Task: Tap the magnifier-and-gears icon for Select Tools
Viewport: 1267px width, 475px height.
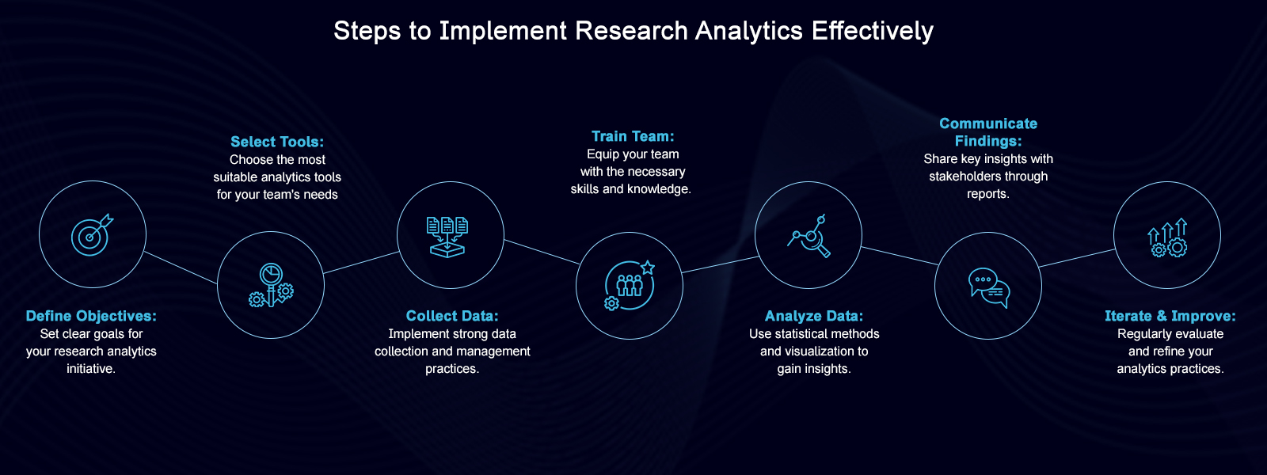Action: pyautogui.click(x=271, y=285)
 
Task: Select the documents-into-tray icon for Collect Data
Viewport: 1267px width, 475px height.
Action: pyautogui.click(x=447, y=236)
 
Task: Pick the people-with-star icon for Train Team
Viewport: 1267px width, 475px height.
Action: pyautogui.click(x=630, y=285)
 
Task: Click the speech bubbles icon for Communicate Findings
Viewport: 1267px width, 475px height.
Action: pyautogui.click(x=988, y=286)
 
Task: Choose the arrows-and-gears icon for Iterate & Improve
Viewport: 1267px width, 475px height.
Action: pyautogui.click(x=1167, y=236)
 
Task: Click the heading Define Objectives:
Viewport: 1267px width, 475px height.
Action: pyautogui.click(x=91, y=316)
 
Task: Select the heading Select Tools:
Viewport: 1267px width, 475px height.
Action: pyautogui.click(x=277, y=142)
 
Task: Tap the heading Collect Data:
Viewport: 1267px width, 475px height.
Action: pyautogui.click(x=452, y=316)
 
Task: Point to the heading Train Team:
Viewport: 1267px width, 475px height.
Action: pyautogui.click(x=633, y=136)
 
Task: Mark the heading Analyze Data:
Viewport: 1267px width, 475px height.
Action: pyautogui.click(x=814, y=316)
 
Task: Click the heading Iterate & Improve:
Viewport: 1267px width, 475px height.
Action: pyautogui.click(x=1170, y=316)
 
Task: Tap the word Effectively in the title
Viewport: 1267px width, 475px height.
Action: pyautogui.click(x=873, y=31)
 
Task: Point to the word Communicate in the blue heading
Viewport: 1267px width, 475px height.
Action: pyautogui.click(x=988, y=123)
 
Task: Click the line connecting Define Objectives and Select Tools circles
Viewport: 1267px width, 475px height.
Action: pyautogui.click(x=181, y=268)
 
